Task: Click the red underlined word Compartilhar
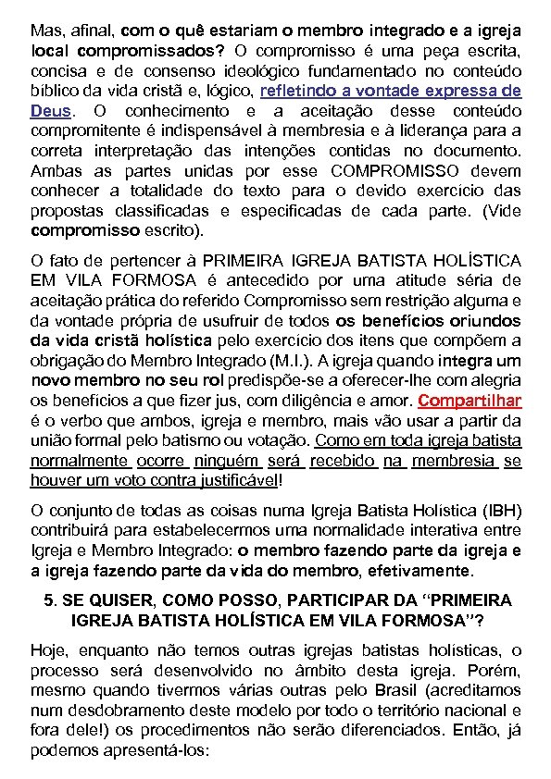[470, 402]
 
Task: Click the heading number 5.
[50, 600]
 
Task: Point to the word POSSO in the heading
[244, 600]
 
